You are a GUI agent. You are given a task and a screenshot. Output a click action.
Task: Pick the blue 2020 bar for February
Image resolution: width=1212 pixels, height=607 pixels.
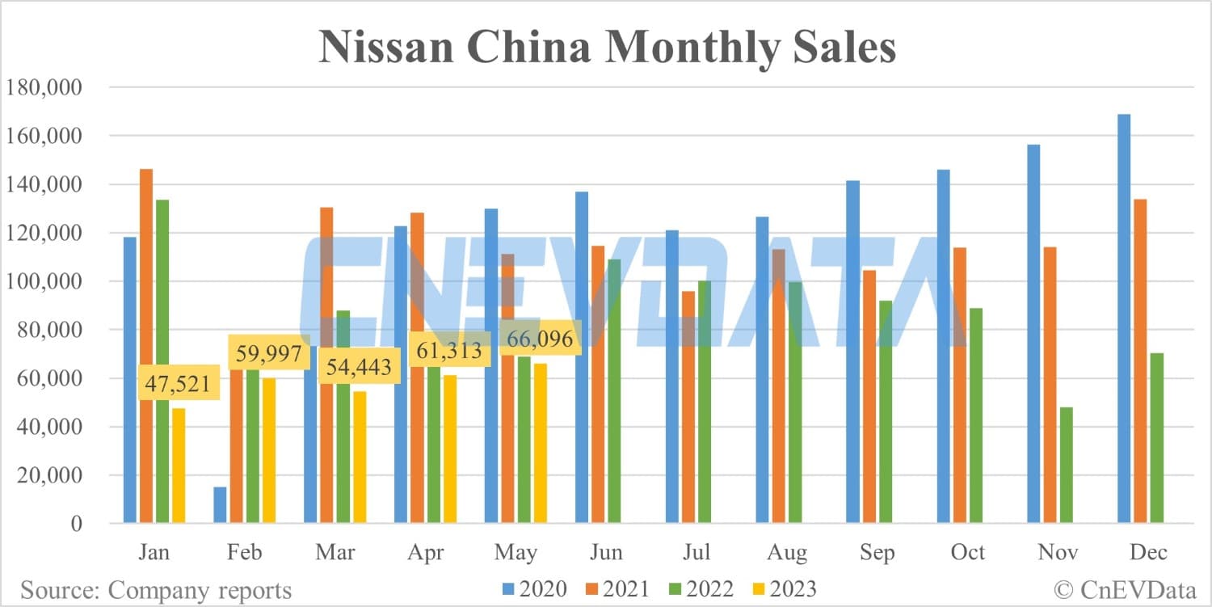point(221,505)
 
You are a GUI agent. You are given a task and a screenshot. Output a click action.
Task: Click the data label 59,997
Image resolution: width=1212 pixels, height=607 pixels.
point(268,353)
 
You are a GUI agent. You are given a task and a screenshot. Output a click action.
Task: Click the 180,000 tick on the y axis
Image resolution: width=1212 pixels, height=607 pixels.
point(44,88)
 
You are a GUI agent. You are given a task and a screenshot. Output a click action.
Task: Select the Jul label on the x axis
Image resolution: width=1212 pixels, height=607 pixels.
point(696,553)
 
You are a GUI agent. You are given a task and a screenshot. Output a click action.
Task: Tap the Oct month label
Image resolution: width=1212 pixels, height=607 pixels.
point(967,553)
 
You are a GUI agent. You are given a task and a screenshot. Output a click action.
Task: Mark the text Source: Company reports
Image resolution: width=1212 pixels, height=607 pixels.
point(156,590)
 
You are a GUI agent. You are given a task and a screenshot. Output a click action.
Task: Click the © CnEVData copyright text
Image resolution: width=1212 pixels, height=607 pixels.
point(1124,589)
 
